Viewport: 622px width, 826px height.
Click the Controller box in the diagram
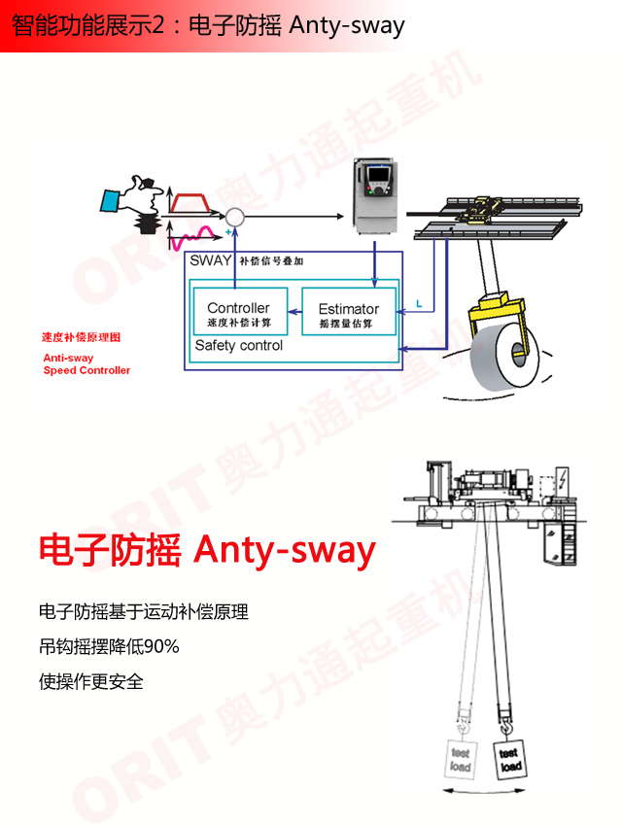pos(239,313)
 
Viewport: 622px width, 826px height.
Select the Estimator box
pos(349,313)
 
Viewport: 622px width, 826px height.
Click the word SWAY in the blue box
pos(210,260)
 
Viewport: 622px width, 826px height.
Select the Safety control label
pos(239,345)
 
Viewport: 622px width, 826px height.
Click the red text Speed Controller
pos(86,370)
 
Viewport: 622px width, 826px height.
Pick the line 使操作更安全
pos(91,681)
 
